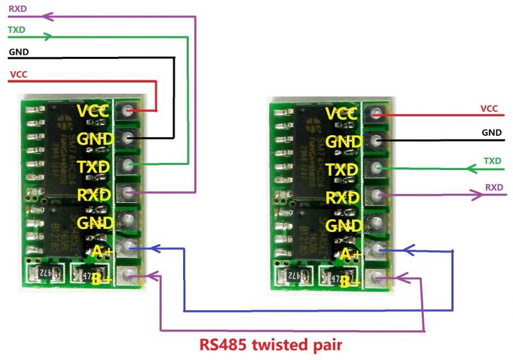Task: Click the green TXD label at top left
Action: coord(16,30)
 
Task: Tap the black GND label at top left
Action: coord(18,51)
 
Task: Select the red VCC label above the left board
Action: coord(18,74)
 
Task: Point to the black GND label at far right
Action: coord(492,132)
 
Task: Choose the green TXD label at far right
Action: coord(492,160)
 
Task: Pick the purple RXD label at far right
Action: coord(494,187)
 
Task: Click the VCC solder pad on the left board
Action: coord(130,111)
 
